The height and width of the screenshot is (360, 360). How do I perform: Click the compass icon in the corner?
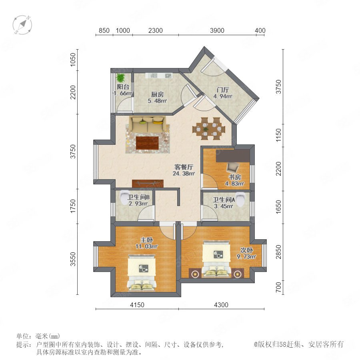22,24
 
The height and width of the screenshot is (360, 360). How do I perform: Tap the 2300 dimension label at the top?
156,30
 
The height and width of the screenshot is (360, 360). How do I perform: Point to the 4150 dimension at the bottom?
137,305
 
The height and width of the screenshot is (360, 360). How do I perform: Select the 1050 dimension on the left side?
73,60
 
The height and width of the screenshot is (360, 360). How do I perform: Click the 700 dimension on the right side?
278,287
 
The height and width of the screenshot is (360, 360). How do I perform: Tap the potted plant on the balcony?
120,78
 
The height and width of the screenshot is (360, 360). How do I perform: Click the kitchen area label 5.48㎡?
157,100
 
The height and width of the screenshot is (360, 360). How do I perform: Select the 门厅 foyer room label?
223,90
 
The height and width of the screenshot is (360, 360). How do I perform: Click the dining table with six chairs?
209,128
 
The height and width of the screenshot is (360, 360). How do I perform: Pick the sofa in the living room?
147,124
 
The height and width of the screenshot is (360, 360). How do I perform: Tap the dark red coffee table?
147,142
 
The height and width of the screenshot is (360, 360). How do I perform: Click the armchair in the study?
232,168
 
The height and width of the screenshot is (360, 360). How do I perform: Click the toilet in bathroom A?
241,199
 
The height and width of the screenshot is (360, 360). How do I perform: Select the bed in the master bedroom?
142,272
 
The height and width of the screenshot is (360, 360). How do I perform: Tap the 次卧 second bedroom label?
246,250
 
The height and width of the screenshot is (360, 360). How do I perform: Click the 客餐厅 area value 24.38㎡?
184,174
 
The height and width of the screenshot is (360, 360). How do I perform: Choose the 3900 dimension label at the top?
217,30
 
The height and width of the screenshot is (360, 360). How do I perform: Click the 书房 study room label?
235,177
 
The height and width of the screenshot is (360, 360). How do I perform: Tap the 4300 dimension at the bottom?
221,305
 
